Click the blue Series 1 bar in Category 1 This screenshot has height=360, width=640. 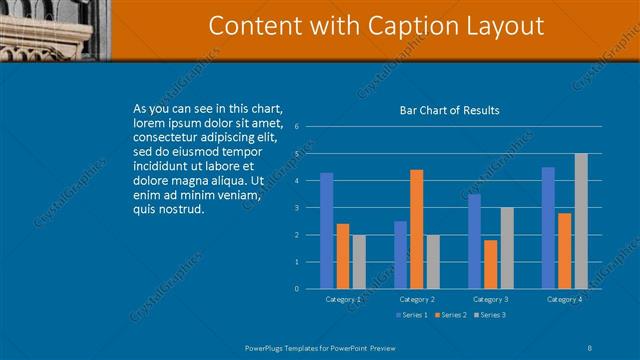[x=327, y=231]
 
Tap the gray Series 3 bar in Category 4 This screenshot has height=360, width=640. [x=581, y=221]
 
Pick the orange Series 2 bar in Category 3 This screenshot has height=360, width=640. [x=490, y=264]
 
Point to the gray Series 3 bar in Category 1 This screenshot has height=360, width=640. [x=359, y=262]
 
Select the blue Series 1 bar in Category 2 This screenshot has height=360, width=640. [x=400, y=255]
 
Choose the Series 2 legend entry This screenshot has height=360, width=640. [x=449, y=316]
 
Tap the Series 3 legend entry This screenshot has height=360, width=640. [x=488, y=316]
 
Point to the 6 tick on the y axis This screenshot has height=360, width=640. [x=297, y=127]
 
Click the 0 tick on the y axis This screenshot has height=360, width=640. [x=297, y=289]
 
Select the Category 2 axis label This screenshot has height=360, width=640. [x=417, y=299]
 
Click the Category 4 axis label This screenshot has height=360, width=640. [x=565, y=299]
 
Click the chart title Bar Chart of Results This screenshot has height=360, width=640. [x=450, y=110]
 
